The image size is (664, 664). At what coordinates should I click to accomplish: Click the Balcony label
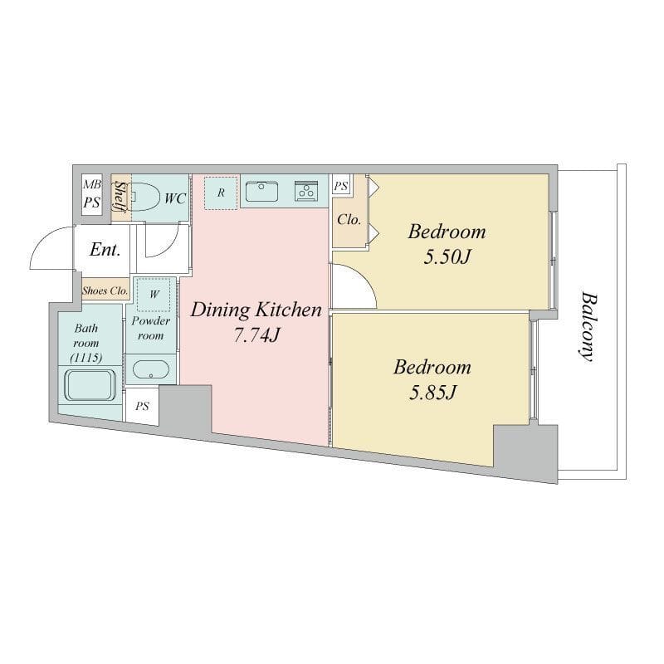pyautogui.click(x=588, y=326)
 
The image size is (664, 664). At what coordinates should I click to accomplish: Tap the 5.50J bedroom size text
pyautogui.click(x=447, y=256)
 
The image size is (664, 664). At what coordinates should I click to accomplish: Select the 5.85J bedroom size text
pyautogui.click(x=432, y=393)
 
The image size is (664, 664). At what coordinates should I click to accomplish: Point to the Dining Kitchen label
pyautogui.click(x=256, y=310)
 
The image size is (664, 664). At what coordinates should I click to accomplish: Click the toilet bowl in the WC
pyautogui.click(x=144, y=197)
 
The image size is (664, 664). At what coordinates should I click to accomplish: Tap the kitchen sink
pyautogui.click(x=262, y=191)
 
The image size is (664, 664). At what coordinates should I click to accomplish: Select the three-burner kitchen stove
pyautogui.click(x=305, y=191)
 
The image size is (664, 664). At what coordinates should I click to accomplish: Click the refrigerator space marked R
pyautogui.click(x=221, y=193)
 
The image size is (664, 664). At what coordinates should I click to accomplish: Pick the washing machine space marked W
pyautogui.click(x=154, y=295)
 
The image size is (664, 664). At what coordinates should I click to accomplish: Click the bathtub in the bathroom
pyautogui.click(x=90, y=385)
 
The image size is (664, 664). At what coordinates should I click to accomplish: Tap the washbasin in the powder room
pyautogui.click(x=151, y=369)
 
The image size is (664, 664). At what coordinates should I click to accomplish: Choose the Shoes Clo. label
pyautogui.click(x=105, y=291)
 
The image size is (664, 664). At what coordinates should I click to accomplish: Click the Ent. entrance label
pyautogui.click(x=105, y=250)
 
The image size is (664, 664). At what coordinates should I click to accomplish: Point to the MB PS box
pyautogui.click(x=92, y=194)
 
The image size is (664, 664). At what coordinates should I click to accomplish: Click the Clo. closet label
pyautogui.click(x=349, y=219)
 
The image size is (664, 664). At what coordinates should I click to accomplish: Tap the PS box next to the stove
pyautogui.click(x=341, y=185)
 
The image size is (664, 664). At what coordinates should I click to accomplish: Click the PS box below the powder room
pyautogui.click(x=142, y=407)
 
